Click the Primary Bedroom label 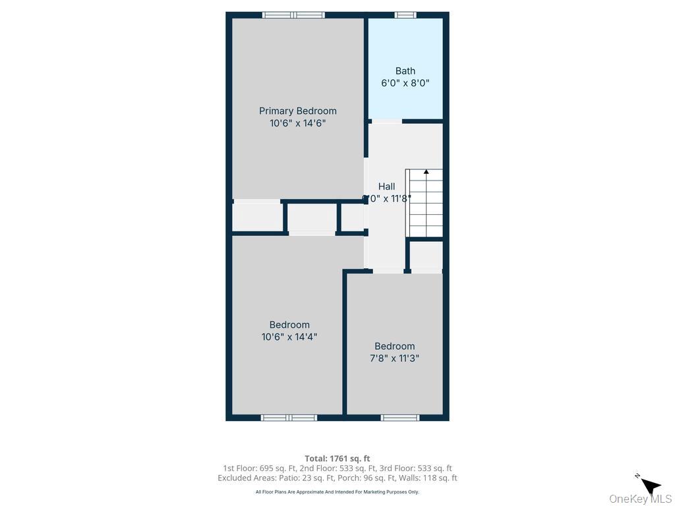(297, 111)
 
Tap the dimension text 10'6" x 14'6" (297, 123)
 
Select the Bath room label (405, 70)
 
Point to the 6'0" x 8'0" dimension (405, 83)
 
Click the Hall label (386, 186)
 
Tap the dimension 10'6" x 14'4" (289, 337)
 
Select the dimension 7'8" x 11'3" (394, 358)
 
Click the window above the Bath (405, 14)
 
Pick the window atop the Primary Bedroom (293, 14)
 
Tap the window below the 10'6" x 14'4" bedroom (289, 418)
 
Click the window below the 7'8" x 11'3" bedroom (400, 418)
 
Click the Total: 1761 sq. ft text (337, 459)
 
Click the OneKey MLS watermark (640, 499)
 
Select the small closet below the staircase (426, 256)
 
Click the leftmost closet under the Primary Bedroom (257, 217)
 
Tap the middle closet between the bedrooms (312, 218)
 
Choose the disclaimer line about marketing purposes (337, 492)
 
